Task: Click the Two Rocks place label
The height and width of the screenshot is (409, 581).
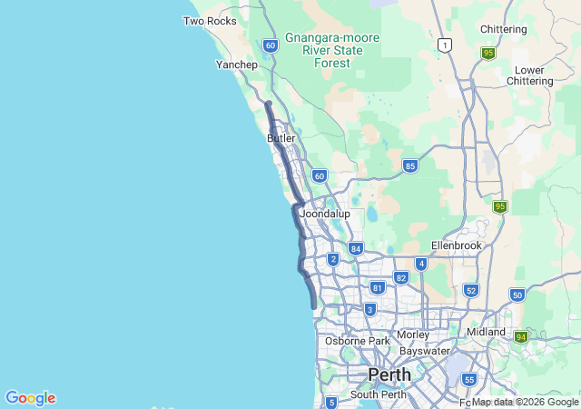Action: pos(210,21)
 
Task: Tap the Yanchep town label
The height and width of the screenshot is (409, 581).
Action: pos(237,65)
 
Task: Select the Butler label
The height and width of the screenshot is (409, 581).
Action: pos(281,138)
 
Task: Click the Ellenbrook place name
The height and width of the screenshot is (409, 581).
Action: pos(454,245)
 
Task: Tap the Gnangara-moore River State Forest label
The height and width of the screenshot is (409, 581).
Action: pos(332,50)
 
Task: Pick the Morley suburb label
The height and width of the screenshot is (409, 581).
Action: pos(413,334)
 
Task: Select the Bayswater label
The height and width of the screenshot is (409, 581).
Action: pos(426,350)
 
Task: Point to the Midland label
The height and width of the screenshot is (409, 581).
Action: pos(486,332)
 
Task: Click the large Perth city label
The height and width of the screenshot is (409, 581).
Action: pos(389,374)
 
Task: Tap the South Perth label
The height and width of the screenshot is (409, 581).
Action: pos(377,394)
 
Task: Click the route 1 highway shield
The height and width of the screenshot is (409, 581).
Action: pos(444,45)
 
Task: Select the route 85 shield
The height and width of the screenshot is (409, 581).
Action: pos(410,165)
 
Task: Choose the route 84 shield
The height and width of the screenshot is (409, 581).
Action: pos(356,248)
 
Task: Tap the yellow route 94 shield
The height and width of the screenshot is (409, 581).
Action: pos(521,337)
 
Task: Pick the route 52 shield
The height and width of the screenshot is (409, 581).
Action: pos(470,290)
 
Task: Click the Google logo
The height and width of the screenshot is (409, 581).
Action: pos(30,398)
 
